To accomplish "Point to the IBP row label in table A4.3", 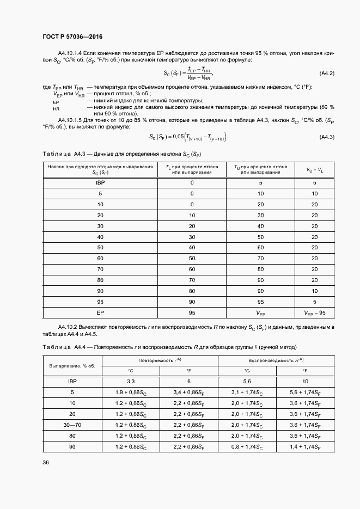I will (100, 182).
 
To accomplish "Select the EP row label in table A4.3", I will (100, 312).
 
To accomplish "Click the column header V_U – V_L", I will (314, 169).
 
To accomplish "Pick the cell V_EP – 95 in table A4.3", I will (314, 313).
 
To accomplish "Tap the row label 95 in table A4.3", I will (100, 302).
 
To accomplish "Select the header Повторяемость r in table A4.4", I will (160, 361).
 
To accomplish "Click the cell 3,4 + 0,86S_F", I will (189, 392).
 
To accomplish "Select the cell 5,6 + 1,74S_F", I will (306, 392).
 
